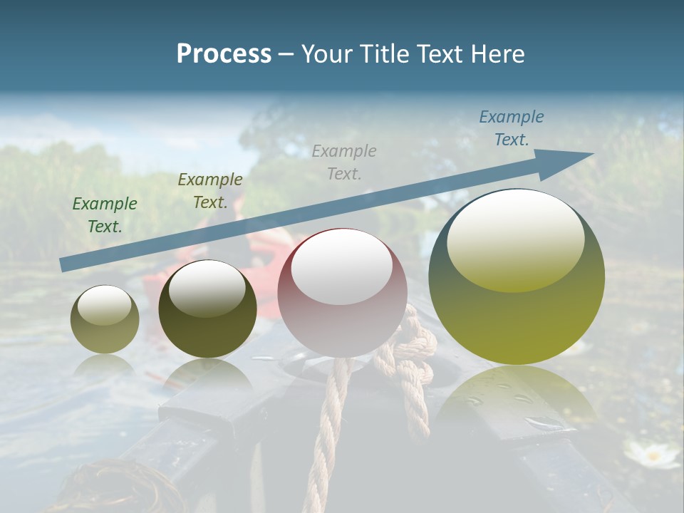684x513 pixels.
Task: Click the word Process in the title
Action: [x=224, y=54]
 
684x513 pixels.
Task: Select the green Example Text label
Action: [x=105, y=214]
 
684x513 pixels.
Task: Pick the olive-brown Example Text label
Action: [x=209, y=190]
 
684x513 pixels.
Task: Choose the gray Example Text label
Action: [x=343, y=162]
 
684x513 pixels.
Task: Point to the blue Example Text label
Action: [x=511, y=128]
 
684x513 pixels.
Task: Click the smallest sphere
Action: [x=105, y=319]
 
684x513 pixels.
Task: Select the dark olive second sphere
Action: [x=207, y=309]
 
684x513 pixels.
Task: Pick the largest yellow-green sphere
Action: [x=517, y=277]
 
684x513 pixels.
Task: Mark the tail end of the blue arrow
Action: [x=66, y=264]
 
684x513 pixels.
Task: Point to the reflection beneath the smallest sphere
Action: [x=105, y=365]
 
